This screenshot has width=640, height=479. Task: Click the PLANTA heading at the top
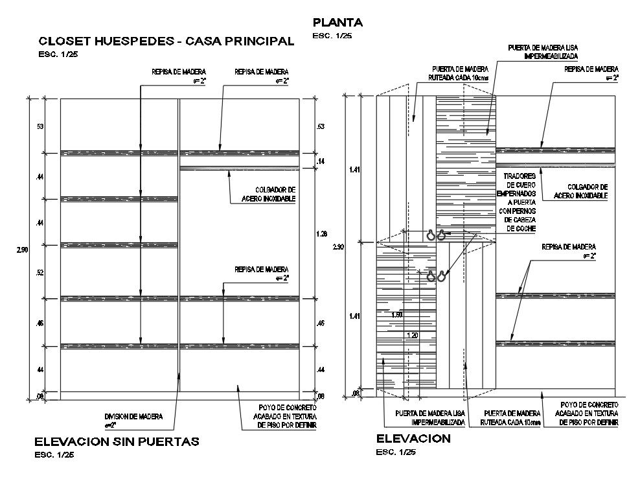[x=337, y=23]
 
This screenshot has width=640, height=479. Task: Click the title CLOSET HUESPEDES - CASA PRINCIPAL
[x=166, y=41]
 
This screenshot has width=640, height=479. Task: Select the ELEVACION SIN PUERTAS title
[x=117, y=441]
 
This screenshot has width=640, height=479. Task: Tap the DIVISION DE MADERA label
[x=134, y=421]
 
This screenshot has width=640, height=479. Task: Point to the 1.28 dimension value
[x=322, y=233]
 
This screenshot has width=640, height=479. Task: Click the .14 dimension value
[x=319, y=160]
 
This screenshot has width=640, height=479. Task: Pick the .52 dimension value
[x=40, y=272]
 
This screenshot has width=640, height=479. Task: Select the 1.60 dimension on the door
[x=398, y=314]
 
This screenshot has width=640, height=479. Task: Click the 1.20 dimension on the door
[x=412, y=335]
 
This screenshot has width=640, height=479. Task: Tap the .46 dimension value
[x=40, y=322]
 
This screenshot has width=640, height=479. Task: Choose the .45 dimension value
[x=319, y=322]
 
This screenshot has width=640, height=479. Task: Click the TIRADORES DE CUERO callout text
[x=517, y=202]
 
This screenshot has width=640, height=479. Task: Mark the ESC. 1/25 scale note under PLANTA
[x=332, y=36]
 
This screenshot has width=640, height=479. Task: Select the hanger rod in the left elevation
[x=239, y=169]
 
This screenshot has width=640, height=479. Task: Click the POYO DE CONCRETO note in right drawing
[x=588, y=414]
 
